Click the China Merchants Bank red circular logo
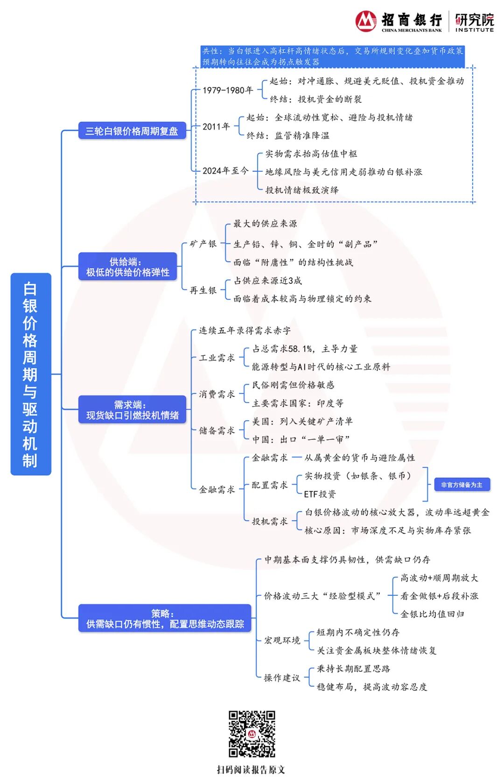click(366, 21)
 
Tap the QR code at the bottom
click(252, 734)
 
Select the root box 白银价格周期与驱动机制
click(31, 374)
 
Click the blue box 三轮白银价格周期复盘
click(132, 131)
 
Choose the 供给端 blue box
click(127, 267)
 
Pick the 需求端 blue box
click(132, 410)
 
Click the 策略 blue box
click(164, 619)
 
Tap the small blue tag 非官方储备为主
click(462, 485)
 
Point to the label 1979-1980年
click(228, 90)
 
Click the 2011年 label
click(216, 127)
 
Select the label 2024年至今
click(225, 171)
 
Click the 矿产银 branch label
click(203, 244)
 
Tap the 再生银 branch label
click(203, 290)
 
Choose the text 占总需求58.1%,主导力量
click(304, 349)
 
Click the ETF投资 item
click(320, 494)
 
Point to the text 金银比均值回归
click(432, 614)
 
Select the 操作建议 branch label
click(282, 677)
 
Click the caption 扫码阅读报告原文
click(251, 769)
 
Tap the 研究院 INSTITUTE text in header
click(474, 22)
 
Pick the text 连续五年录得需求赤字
click(245, 331)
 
